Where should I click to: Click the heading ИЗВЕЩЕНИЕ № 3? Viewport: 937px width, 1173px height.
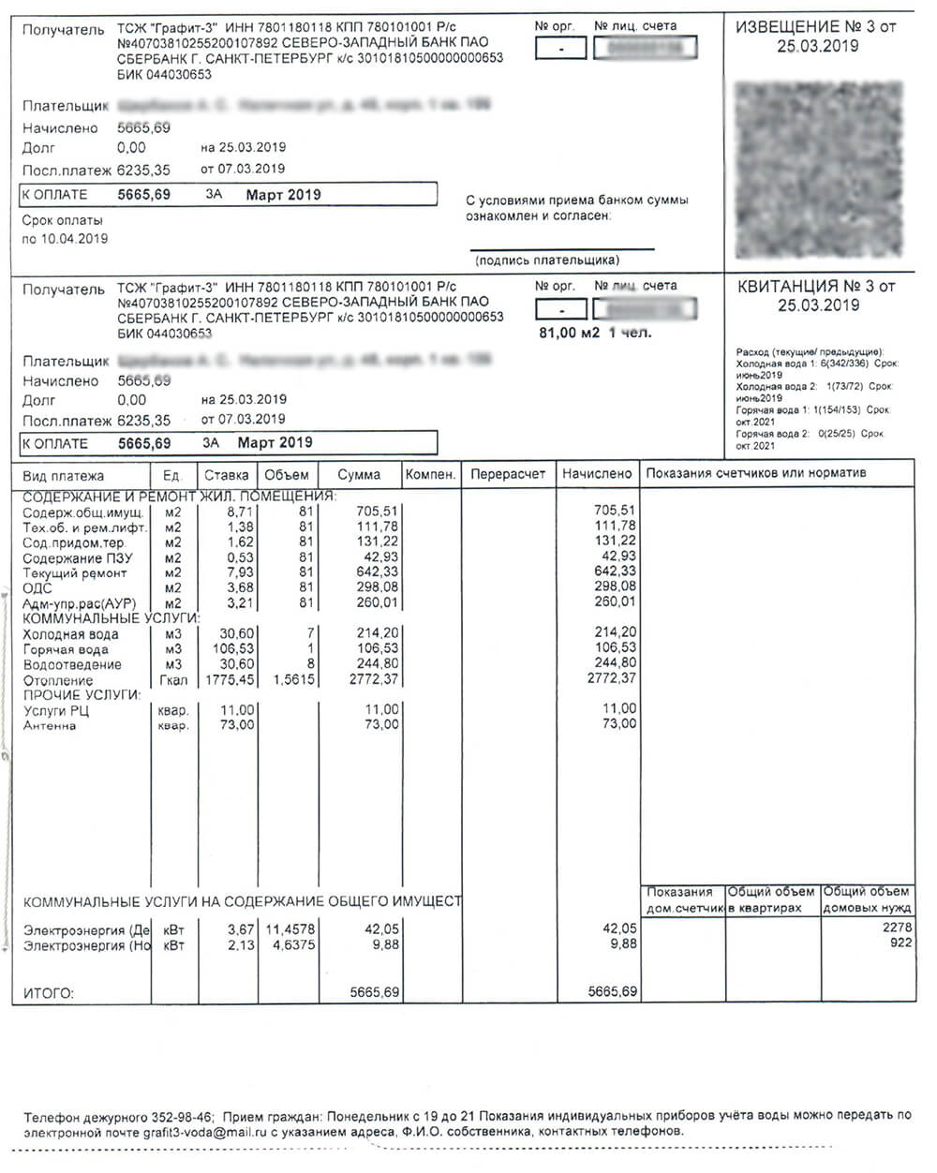[817, 27]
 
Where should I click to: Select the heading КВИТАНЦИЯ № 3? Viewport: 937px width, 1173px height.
[817, 287]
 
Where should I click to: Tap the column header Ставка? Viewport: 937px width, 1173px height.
[227, 475]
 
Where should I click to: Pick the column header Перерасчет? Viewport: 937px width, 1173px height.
[508, 474]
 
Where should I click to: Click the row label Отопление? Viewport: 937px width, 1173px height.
[58, 680]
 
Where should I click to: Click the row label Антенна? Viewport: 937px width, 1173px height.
[50, 725]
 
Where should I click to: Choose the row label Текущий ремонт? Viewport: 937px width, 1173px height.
[75, 572]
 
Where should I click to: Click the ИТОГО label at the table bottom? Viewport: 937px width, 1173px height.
[48, 992]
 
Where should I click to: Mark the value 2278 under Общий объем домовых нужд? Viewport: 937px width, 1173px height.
[897, 928]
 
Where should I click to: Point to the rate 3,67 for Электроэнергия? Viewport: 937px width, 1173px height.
[241, 928]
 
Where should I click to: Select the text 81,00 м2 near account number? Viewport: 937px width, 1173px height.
[569, 333]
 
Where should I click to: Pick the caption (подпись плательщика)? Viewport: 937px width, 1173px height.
[547, 260]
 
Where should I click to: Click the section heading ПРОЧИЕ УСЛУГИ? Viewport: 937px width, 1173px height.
[82, 695]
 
